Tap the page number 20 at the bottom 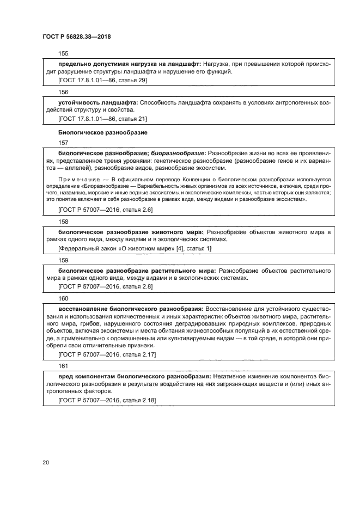(46, 462)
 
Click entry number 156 (63, 92)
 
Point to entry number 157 (63, 143)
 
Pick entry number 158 (63, 222)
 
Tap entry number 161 (63, 366)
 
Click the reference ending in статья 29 (102, 81)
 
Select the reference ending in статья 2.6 (105, 210)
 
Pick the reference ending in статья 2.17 (107, 355)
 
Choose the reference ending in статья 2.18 (107, 400)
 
